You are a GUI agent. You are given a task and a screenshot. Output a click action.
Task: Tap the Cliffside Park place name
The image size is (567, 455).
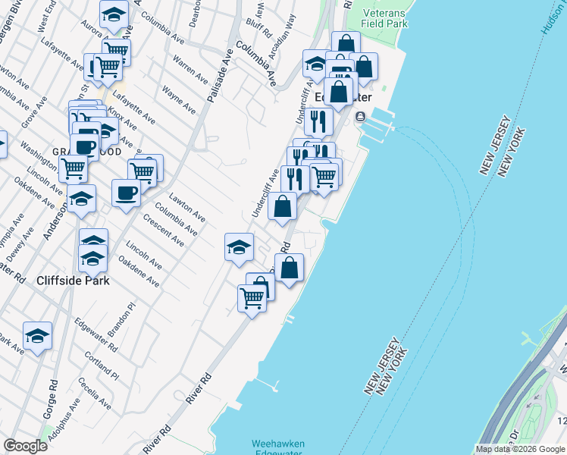pyautogui.click(x=74, y=280)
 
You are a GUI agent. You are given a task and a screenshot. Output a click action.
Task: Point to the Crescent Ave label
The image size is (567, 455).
pyautogui.click(x=164, y=231)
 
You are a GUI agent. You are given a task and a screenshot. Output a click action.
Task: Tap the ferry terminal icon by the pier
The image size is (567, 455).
pyautogui.click(x=359, y=116)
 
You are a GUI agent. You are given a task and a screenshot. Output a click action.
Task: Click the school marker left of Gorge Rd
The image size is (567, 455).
pyautogui.click(x=37, y=335)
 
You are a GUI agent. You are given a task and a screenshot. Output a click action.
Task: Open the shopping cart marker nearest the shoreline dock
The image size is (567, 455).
pyautogui.click(x=252, y=297)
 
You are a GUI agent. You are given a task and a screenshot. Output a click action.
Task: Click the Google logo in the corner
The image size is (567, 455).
pyautogui.click(x=25, y=446)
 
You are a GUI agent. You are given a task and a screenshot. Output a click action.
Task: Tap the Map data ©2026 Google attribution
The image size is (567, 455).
pyautogui.click(x=520, y=449)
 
